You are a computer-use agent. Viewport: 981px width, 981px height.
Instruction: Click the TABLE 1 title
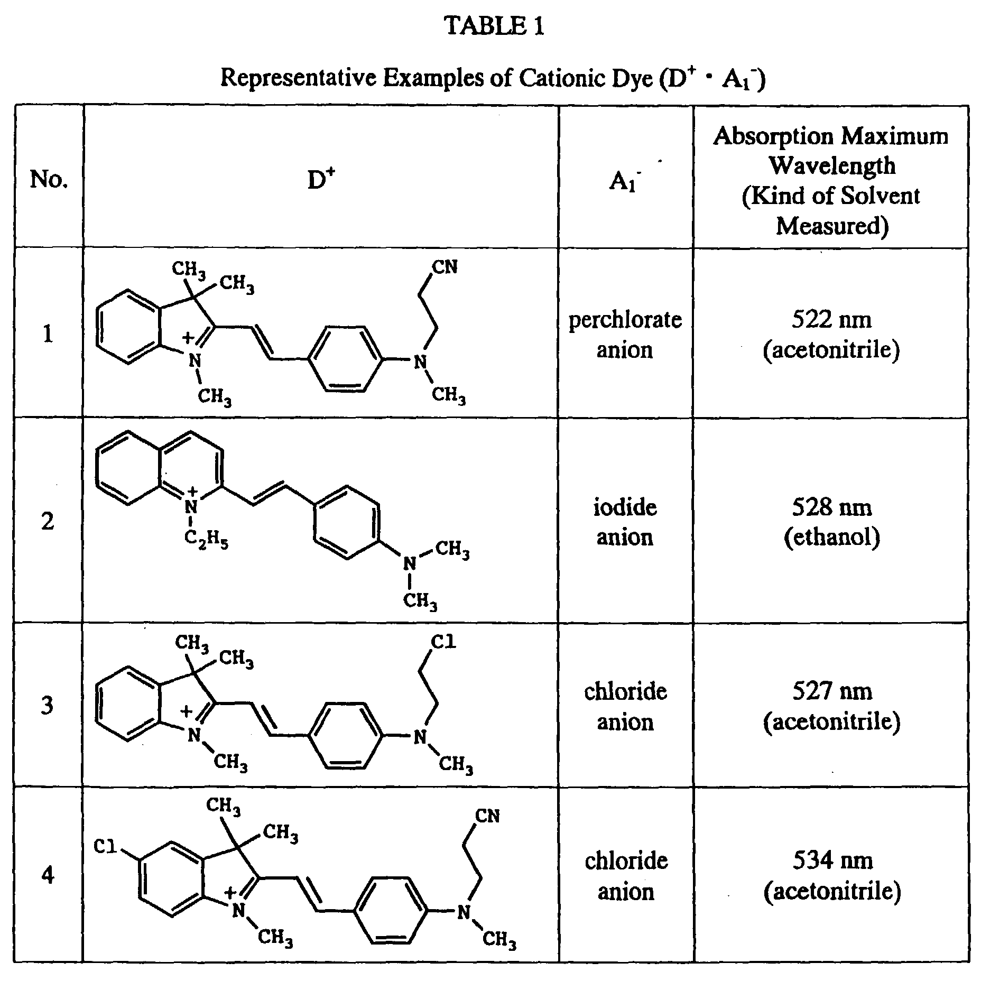pyautogui.click(x=494, y=26)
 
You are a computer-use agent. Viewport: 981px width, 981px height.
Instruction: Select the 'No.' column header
pyautogui.click(x=49, y=179)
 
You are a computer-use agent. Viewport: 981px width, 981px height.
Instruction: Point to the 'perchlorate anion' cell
pyautogui.click(x=625, y=335)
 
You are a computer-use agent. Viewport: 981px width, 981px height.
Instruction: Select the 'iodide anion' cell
pyautogui.click(x=625, y=522)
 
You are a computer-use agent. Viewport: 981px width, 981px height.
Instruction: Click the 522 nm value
pyautogui.click(x=831, y=319)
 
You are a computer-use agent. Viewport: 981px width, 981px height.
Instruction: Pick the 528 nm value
pyautogui.click(x=831, y=507)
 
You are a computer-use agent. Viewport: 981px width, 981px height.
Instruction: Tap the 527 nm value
pyautogui.click(x=831, y=691)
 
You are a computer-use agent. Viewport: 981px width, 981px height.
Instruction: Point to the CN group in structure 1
pyautogui.click(x=445, y=267)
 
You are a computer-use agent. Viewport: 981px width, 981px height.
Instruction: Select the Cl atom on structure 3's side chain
pyautogui.click(x=443, y=642)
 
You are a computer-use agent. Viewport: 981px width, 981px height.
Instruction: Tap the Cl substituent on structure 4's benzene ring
pyautogui.click(x=105, y=847)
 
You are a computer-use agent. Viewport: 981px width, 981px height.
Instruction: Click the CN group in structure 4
pyautogui.click(x=487, y=816)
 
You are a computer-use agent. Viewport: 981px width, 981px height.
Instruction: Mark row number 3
pyautogui.click(x=48, y=706)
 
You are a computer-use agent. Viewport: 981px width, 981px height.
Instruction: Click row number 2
pyautogui.click(x=48, y=522)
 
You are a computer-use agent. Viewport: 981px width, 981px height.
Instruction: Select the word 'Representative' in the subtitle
pyautogui.click(x=298, y=78)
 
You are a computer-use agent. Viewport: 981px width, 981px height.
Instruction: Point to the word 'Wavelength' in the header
pyautogui.click(x=831, y=165)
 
